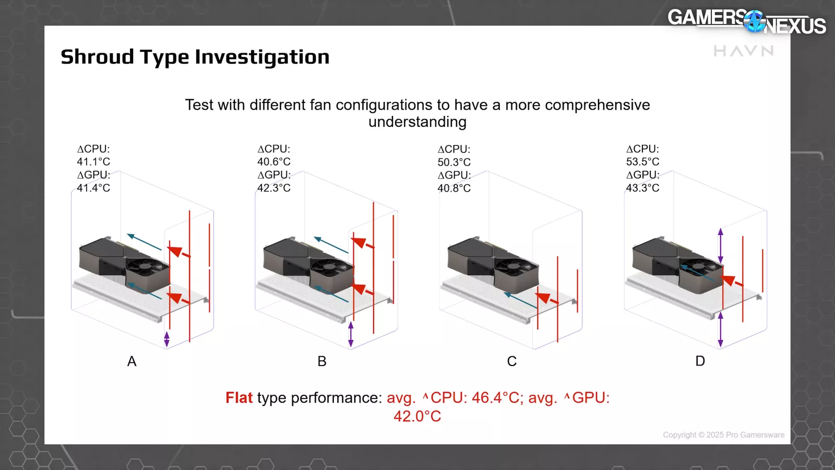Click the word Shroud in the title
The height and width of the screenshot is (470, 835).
point(97,57)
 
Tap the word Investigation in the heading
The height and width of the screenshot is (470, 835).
point(262,57)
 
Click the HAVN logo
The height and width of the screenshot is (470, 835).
point(744,51)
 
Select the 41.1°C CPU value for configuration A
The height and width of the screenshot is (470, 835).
point(93,162)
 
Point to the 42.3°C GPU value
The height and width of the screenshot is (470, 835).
point(273,187)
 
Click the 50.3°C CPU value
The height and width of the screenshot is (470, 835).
point(454,162)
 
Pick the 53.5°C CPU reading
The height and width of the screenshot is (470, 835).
point(642,162)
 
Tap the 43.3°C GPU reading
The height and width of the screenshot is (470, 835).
point(642,187)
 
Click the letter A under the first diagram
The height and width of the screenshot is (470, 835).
point(132,361)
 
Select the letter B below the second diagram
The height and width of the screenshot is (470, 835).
point(322,361)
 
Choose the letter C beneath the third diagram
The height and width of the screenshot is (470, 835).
point(512,361)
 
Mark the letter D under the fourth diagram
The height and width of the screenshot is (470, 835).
point(700,361)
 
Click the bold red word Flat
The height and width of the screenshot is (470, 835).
point(239,397)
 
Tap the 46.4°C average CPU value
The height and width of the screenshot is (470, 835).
point(495,397)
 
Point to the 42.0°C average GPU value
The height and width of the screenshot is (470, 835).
point(417,416)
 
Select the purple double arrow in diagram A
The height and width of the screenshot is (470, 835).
point(166,339)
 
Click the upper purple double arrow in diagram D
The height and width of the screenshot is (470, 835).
point(721,246)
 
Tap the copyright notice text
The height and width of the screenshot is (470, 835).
point(723,435)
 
